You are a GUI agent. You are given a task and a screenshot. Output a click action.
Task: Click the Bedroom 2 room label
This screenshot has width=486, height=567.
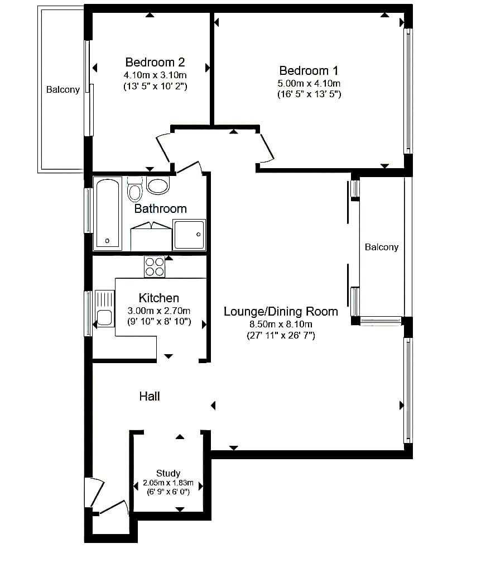(155, 62)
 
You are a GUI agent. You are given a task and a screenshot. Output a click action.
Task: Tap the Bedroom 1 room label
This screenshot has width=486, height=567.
(309, 70)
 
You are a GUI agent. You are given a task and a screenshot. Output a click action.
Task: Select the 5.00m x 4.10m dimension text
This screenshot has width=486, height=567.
(309, 84)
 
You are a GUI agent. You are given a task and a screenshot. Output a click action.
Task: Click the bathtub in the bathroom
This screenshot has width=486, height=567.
(107, 213)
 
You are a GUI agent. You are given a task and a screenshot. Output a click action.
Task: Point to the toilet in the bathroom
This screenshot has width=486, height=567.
(134, 189)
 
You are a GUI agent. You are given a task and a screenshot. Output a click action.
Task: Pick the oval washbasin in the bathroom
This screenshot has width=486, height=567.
(158, 185)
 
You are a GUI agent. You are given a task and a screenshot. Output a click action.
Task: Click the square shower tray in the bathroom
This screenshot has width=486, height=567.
(189, 235)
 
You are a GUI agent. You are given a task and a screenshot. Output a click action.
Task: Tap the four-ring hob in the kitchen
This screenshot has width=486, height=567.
(155, 266)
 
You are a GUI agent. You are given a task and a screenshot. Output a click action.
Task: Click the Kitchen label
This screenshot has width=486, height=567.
(159, 298)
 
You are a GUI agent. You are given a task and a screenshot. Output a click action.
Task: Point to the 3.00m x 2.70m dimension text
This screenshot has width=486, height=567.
(159, 311)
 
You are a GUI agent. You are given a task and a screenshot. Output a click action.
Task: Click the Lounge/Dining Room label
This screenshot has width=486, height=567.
(281, 311)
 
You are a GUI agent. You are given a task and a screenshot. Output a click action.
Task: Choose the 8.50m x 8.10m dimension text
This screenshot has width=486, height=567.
(281, 325)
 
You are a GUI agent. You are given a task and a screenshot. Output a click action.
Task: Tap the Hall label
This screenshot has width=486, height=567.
(150, 396)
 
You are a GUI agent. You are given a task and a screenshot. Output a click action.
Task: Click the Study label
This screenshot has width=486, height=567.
(169, 473)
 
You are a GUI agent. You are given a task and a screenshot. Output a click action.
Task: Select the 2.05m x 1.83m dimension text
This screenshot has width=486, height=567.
(169, 483)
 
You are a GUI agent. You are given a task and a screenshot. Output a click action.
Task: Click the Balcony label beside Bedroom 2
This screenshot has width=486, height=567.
(63, 90)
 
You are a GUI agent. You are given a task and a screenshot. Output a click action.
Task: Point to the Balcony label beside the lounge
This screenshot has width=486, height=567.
(382, 247)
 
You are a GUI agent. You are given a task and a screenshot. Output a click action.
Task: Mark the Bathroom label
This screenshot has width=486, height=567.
(160, 209)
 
